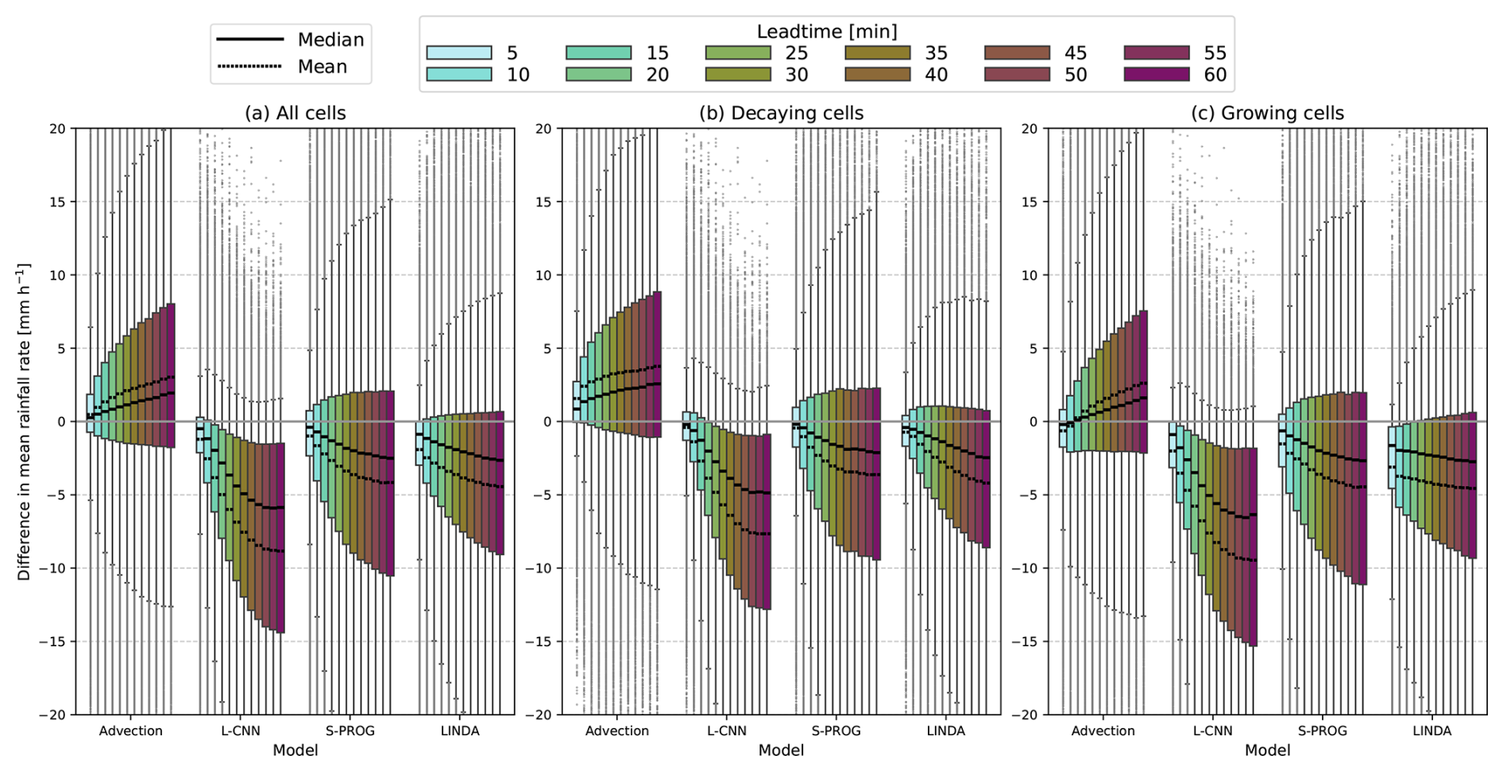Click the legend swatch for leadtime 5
pyautogui.click(x=459, y=52)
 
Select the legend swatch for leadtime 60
pyautogui.click(x=1157, y=75)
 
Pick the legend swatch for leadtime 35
pyautogui.click(x=877, y=52)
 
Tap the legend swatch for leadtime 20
pyautogui.click(x=598, y=75)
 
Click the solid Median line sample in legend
pyautogui.click(x=249, y=39)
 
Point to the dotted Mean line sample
pyautogui.click(x=249, y=66)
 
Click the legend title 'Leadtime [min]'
pyautogui.click(x=826, y=32)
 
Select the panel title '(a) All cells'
pyautogui.click(x=295, y=113)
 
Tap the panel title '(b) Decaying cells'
pyautogui.click(x=781, y=113)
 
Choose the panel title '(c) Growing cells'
pyautogui.click(x=1267, y=113)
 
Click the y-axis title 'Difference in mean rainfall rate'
pyautogui.click(x=24, y=422)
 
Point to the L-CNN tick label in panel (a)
pyautogui.click(x=240, y=731)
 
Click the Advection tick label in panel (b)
pyautogui.click(x=616, y=731)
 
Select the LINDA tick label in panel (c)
pyautogui.click(x=1432, y=731)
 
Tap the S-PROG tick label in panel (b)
pyautogui.click(x=836, y=731)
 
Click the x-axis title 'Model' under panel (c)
pyautogui.click(x=1267, y=750)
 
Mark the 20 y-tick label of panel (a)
pyautogui.click(x=58, y=129)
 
